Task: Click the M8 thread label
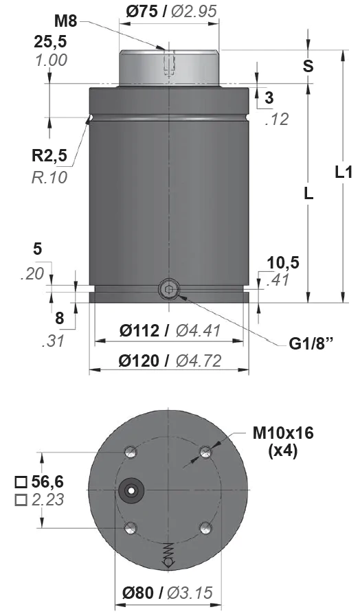66,21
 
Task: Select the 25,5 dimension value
50,42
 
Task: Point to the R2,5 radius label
49,156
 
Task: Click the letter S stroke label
308,67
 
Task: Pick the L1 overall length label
344,172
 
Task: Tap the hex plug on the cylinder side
168,290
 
